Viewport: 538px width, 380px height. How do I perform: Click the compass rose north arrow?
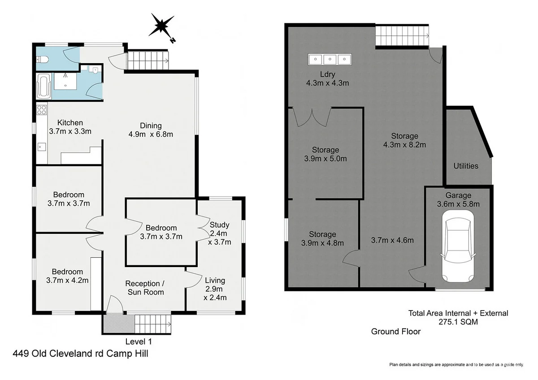[x=162, y=26]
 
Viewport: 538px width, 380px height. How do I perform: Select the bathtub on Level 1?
[x=44, y=87]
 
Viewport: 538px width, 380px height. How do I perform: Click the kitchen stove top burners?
[x=42, y=109]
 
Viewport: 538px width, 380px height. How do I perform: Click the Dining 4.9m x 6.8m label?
[x=150, y=130]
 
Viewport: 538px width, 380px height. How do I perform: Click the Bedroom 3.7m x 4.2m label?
[x=68, y=276]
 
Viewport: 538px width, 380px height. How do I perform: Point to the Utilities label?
[x=466, y=166]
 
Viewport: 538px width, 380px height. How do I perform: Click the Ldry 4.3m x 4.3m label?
[x=327, y=78]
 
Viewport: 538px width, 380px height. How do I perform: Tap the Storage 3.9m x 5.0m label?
[x=325, y=154]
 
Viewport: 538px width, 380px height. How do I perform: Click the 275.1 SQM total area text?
[x=458, y=322]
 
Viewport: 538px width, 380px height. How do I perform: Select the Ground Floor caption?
[x=395, y=332]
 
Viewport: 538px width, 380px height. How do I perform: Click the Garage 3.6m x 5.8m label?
[x=458, y=199]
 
